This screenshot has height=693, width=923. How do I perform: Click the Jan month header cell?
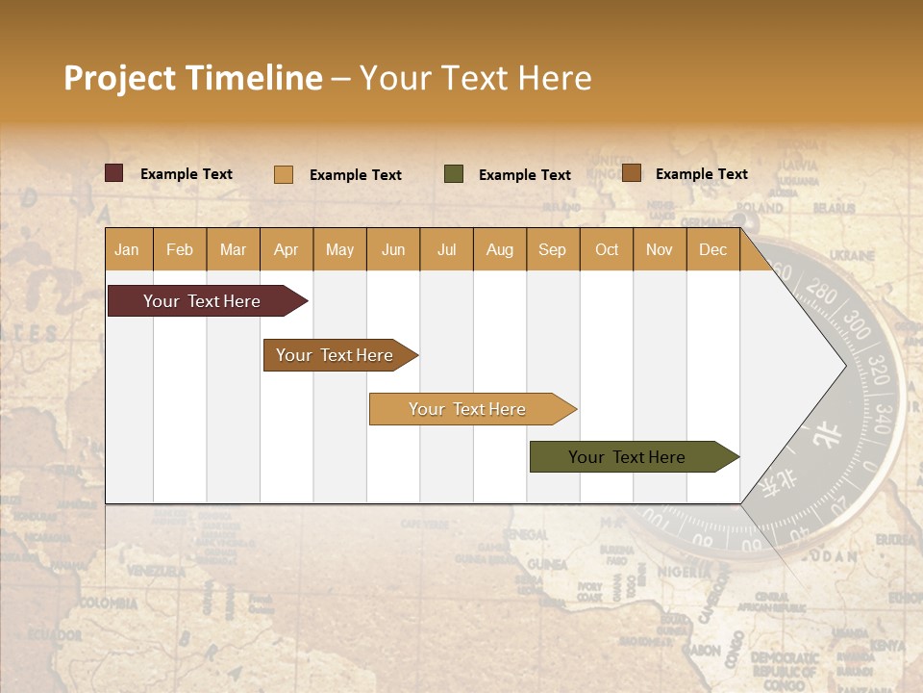pos(128,249)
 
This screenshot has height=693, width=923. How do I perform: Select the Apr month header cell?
pos(287,249)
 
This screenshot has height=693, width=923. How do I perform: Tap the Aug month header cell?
pos(500,249)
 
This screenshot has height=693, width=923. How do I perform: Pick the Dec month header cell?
pos(712,249)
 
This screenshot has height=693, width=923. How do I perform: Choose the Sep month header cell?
pos(553,249)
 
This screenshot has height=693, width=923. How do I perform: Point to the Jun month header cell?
pos(393,249)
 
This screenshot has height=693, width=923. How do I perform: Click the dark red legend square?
pos(114,173)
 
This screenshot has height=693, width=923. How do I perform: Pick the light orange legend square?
pos(284,174)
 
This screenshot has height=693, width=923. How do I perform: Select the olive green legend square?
pos(454,174)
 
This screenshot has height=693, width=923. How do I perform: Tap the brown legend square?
pos(632,173)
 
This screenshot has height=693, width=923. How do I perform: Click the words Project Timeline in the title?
pos(193,78)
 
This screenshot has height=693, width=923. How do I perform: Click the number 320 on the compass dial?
pos(878,369)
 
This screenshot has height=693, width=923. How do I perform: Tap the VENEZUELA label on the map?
pos(156,572)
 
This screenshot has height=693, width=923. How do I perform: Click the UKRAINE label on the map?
pos(852,256)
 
